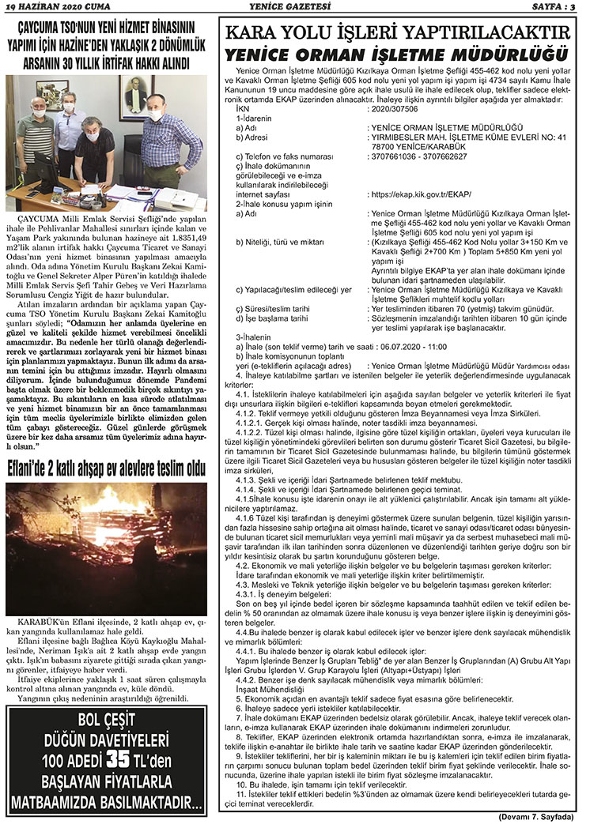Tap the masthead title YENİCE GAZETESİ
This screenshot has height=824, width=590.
(x=295, y=6)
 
